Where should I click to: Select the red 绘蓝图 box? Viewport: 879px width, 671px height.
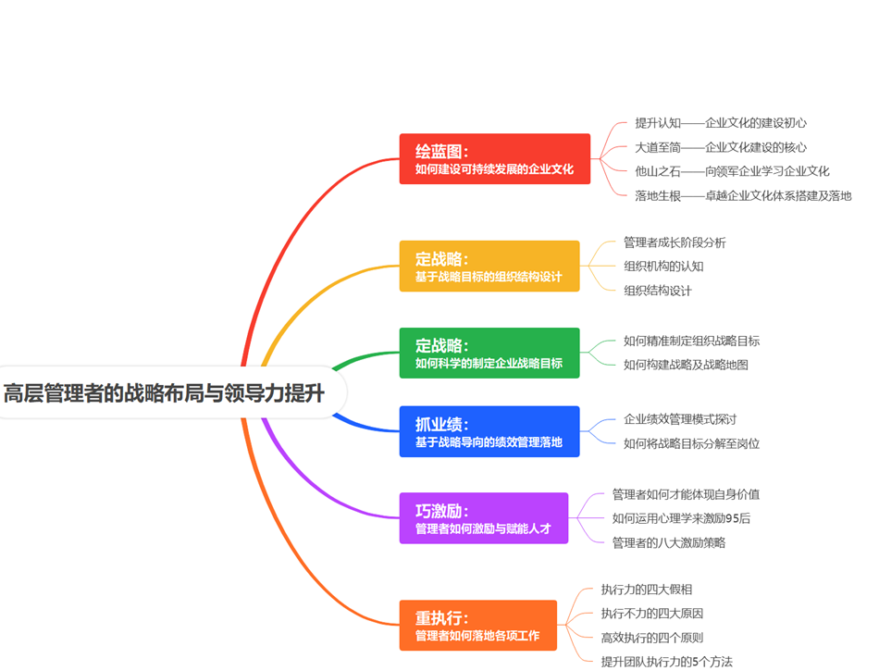[494, 159]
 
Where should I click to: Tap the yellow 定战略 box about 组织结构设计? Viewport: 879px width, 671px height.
[489, 267]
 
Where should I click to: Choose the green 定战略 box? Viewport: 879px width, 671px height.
[489, 353]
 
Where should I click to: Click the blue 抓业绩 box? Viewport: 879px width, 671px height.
[489, 431]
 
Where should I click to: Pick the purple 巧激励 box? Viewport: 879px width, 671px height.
[483, 518]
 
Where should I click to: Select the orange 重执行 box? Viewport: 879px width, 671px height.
[477, 626]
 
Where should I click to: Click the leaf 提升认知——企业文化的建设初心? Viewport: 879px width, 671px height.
[721, 122]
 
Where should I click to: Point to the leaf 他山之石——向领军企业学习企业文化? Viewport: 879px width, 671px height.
[732, 171]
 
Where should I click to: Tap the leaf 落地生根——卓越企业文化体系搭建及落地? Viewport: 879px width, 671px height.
[743, 195]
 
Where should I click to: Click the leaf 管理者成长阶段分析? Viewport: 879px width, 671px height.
[675, 242]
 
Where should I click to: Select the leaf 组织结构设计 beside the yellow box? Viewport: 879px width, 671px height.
[657, 291]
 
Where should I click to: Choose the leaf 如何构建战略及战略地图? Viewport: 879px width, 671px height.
[686, 365]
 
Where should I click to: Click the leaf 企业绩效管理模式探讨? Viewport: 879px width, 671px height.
[680, 419]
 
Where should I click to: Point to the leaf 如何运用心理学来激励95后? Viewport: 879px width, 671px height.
[681, 518]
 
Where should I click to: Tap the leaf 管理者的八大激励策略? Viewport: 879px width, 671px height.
[668, 542]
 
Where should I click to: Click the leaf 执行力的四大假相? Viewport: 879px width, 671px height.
[646, 589]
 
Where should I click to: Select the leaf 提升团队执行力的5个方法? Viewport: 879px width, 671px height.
[666, 661]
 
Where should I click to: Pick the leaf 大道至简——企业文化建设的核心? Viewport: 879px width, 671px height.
[720, 147]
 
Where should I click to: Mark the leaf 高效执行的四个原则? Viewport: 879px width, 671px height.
[651, 637]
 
